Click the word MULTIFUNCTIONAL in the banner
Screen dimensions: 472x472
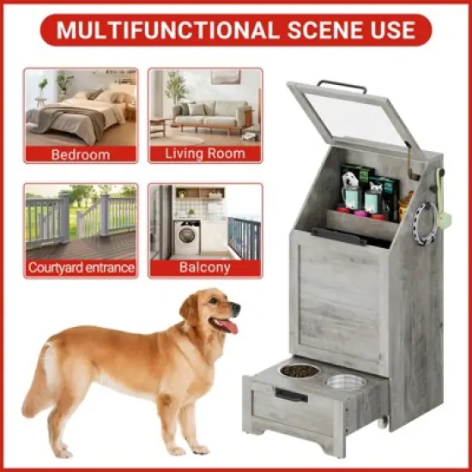click(166, 31)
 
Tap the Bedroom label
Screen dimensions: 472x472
click(81, 154)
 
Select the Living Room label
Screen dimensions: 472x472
click(205, 154)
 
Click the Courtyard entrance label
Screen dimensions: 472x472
click(81, 268)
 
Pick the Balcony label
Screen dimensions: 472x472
click(205, 267)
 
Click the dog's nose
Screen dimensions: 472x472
click(238, 308)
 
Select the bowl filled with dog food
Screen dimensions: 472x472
click(300, 372)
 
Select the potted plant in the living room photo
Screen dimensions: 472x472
click(177, 90)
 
